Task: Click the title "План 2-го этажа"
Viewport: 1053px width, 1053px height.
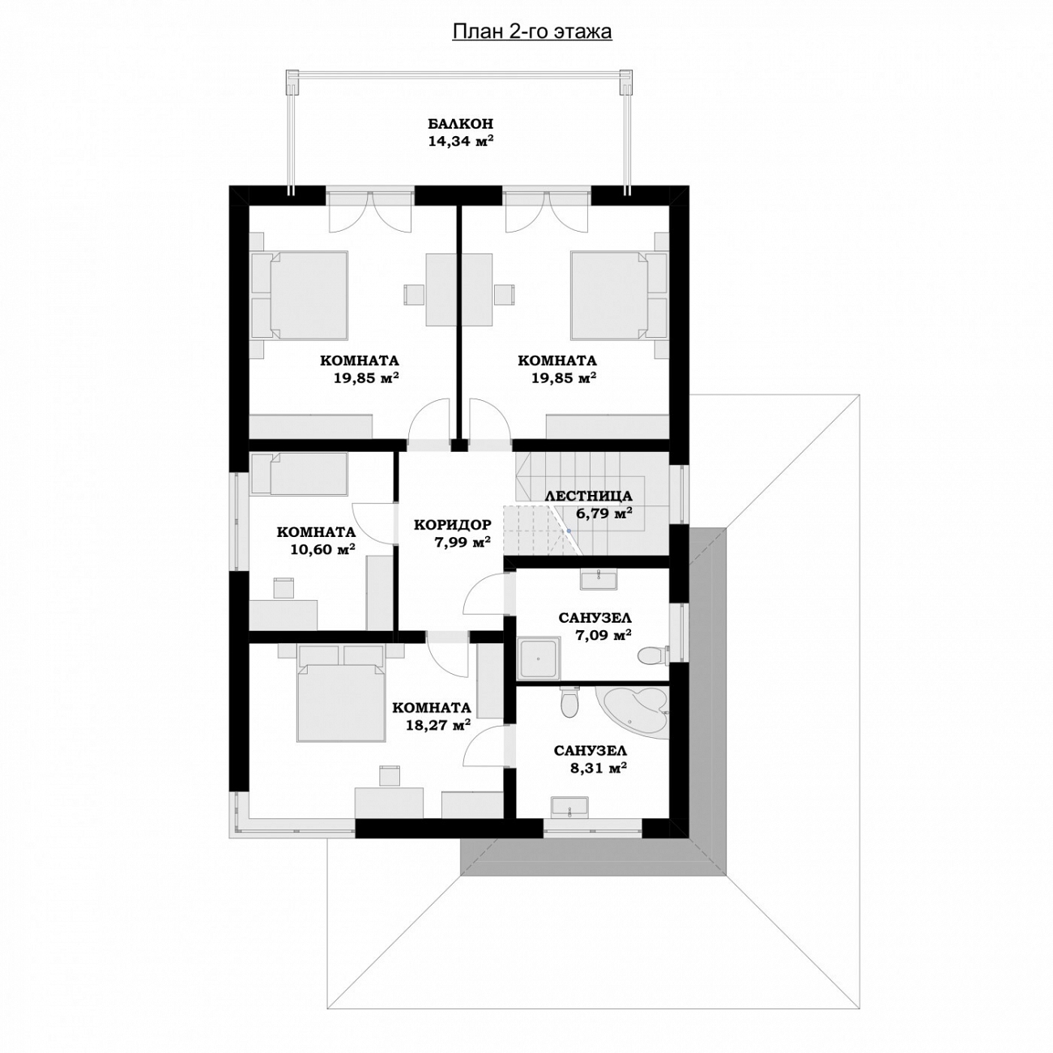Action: (x=531, y=32)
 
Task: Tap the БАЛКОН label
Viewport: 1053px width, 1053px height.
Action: (x=460, y=123)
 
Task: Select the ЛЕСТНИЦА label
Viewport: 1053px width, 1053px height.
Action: (x=589, y=496)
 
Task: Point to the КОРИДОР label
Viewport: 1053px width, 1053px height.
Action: (x=453, y=525)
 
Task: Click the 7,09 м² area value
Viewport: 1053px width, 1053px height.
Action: (x=603, y=635)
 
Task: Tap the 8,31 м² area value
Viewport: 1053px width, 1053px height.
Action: (x=598, y=768)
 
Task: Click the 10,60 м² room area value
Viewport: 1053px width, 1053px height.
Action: (x=322, y=548)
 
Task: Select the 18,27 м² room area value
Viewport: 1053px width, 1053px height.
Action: (x=438, y=725)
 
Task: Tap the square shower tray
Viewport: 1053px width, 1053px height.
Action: (x=539, y=657)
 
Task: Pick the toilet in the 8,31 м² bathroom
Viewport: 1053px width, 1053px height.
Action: (x=570, y=701)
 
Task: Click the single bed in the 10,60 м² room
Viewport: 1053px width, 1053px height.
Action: (x=299, y=473)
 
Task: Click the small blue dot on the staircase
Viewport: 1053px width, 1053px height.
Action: (x=569, y=531)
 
